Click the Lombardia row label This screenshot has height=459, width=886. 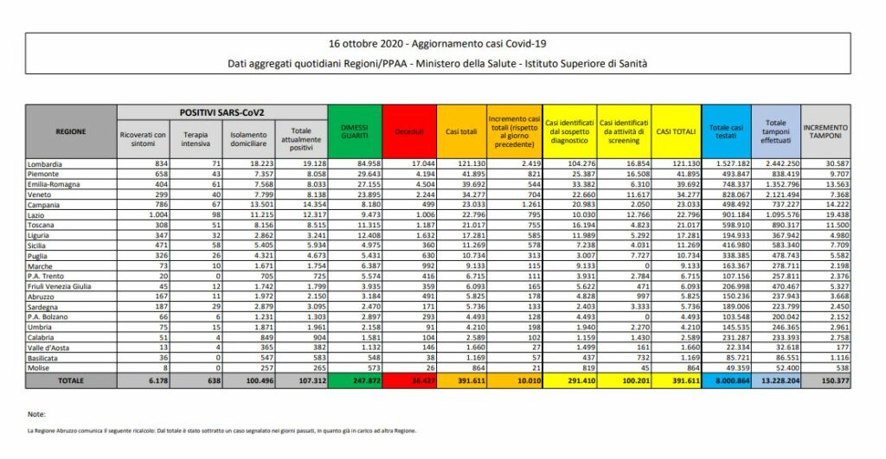tap(48, 163)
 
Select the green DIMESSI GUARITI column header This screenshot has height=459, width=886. tap(354, 131)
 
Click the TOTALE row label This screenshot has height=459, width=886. tap(71, 379)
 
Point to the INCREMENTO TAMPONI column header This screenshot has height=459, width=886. tap(826, 131)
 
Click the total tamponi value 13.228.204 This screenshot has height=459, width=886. tap(775, 379)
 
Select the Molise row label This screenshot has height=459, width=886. tap(42, 367)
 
